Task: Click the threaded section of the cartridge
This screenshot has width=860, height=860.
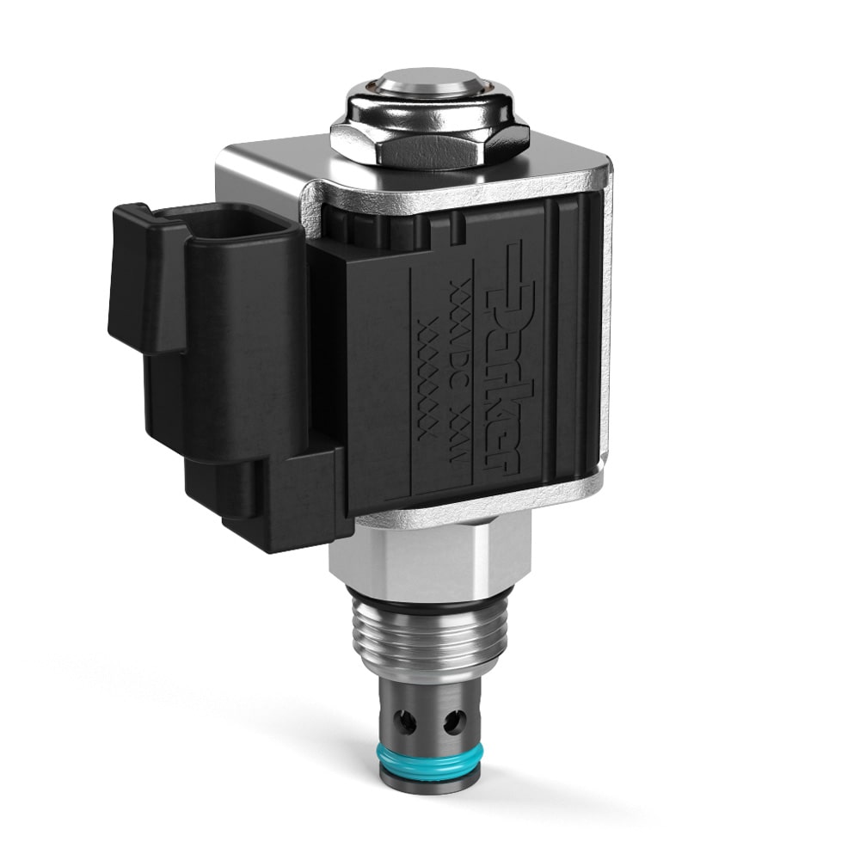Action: pyautogui.click(x=430, y=641)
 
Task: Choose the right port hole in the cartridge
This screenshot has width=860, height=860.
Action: pyautogui.click(x=454, y=721)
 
